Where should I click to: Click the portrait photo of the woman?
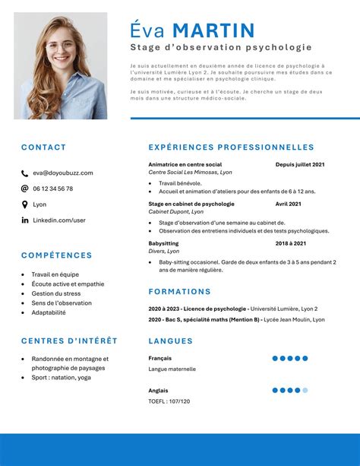60,66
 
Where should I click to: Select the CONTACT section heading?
43,147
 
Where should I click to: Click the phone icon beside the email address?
25,173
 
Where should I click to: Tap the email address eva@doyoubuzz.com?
63,173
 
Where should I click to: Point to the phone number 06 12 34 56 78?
53,189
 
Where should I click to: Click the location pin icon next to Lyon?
25,204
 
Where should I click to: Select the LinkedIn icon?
25,220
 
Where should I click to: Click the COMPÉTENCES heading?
56,255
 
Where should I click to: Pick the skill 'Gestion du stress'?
56,293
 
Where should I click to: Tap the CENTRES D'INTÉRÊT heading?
69,341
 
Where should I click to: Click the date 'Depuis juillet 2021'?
300,164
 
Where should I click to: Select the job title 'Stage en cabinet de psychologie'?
191,204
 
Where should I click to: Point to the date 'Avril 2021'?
289,204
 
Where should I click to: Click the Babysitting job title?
163,243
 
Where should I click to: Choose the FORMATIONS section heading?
179,291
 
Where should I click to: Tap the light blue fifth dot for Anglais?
305,390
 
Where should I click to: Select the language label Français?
160,358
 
